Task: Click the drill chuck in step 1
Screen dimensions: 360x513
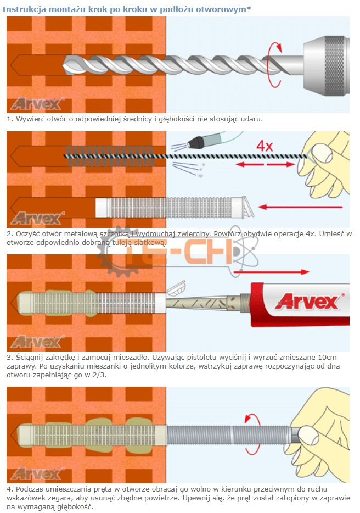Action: point(326,65)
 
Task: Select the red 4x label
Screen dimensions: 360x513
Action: point(265,146)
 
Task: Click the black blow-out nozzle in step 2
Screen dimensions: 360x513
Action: point(195,141)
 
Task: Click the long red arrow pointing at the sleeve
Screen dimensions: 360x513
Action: point(300,207)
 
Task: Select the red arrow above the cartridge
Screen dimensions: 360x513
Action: point(271,271)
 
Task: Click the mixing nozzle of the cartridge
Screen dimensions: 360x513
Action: point(203,303)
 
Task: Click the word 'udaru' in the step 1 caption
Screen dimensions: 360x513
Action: point(252,119)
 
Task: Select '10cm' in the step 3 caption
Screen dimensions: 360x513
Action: point(327,357)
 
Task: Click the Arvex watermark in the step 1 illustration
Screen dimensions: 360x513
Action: point(37,104)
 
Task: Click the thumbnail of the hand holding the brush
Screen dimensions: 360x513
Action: point(319,153)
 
